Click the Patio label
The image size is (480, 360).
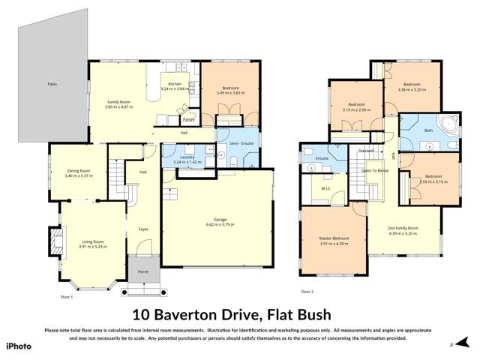click(x=52, y=85)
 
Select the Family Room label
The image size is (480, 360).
click(x=120, y=102)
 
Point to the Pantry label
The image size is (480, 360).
click(x=188, y=119)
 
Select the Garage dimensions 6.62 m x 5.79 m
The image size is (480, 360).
click(x=220, y=225)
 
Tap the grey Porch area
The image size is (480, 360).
click(x=143, y=271)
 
